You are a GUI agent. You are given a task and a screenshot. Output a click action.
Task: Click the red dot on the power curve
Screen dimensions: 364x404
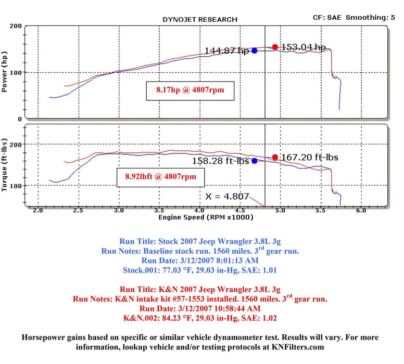pos(275,47)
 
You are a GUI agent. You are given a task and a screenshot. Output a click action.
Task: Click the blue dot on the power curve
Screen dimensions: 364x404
pos(254,50)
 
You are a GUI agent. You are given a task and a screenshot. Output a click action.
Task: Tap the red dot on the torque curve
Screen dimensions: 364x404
pos(275,157)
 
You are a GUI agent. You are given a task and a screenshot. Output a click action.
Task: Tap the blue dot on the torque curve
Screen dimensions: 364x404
pos(254,161)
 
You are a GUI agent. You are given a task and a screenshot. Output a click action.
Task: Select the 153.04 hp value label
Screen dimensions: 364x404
pos(303,47)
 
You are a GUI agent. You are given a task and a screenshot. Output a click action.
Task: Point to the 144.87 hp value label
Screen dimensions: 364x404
pos(227,51)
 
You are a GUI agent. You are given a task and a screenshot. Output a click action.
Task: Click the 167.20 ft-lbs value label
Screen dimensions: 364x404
pos(309,157)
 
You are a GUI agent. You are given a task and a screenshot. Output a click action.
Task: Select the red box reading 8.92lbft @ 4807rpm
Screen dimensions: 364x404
pos(160,177)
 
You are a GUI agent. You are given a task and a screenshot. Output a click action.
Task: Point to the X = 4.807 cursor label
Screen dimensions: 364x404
pos(228,197)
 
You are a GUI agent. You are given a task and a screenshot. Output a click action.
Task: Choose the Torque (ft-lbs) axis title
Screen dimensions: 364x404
pos(6,165)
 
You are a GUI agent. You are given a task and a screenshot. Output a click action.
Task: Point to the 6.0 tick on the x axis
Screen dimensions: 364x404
pos(360,211)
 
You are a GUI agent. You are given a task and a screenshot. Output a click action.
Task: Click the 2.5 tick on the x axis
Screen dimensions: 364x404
pos(78,211)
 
